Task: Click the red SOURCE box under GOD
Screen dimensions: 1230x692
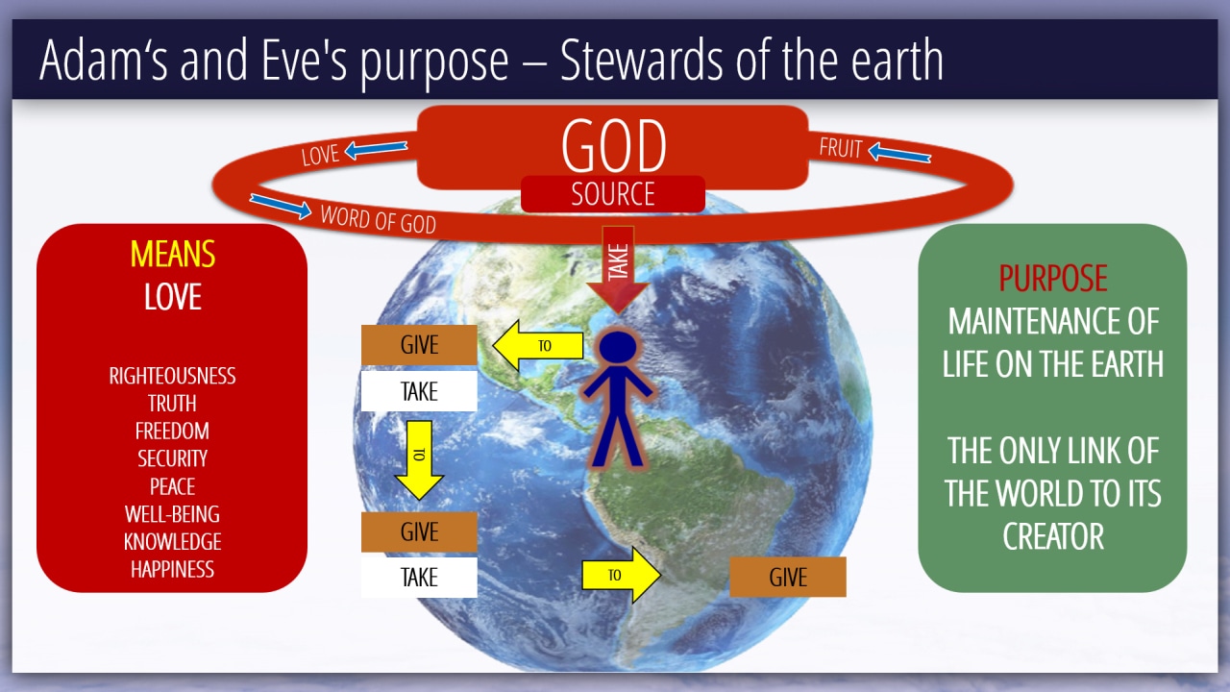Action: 613,194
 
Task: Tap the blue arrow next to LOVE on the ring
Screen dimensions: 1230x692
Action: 376,149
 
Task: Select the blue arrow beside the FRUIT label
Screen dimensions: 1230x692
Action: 899,153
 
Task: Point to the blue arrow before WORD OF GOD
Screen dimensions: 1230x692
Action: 281,206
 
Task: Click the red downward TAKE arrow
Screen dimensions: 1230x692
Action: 618,270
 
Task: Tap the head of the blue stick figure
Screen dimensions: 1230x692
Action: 618,347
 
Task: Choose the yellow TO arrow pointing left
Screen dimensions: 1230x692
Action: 538,345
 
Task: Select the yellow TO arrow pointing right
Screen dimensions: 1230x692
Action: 621,575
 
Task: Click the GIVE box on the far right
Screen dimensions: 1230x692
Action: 788,577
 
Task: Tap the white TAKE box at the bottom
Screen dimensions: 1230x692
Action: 419,578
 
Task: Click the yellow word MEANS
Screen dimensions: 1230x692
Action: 172,254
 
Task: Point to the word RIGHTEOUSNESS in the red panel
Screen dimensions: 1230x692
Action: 172,376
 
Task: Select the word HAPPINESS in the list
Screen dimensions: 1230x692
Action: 172,570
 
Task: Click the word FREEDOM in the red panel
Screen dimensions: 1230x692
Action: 172,432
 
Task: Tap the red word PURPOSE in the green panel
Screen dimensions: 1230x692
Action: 1052,278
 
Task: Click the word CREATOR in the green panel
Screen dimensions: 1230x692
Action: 1052,536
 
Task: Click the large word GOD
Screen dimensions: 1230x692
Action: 614,145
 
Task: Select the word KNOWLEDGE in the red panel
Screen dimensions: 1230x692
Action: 172,542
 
